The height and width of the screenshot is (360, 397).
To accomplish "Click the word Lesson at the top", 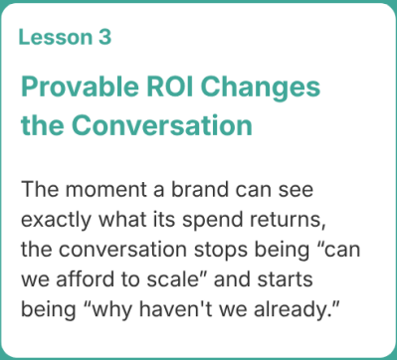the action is coord(56,37).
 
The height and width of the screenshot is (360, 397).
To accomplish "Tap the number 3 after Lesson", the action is coord(104,37).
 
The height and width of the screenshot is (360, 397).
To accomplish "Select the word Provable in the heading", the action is coord(80,87).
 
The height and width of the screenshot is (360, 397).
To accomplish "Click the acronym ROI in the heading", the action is coord(170,87).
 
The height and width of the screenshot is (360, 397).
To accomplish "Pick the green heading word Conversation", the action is coord(162,125).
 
